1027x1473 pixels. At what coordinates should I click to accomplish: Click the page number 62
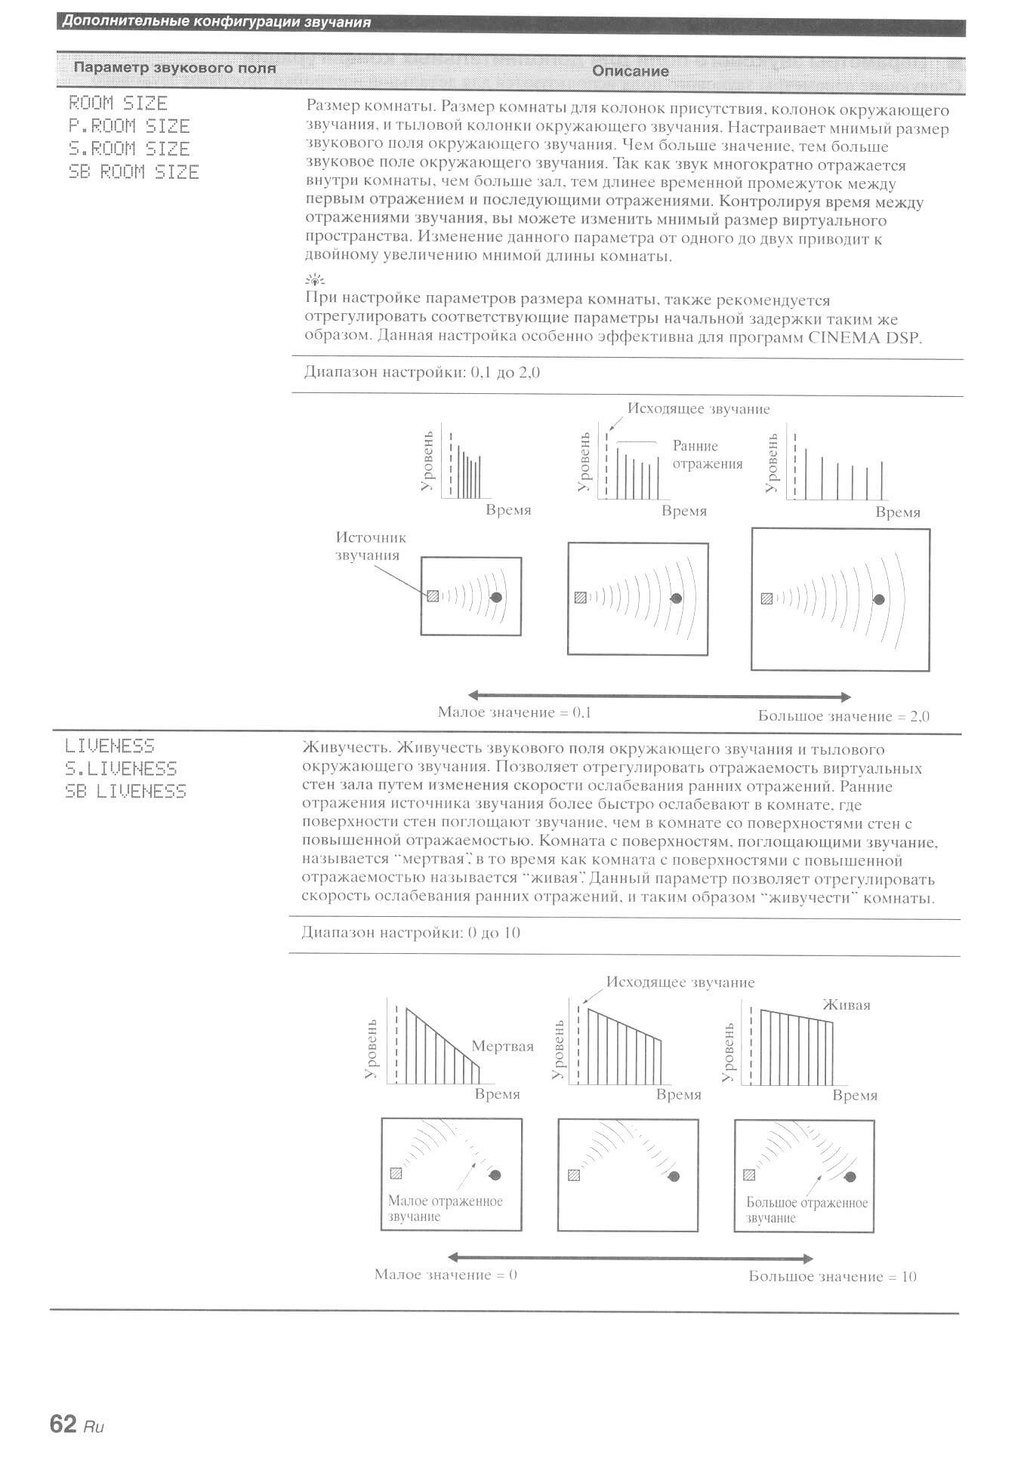[x=63, y=1424]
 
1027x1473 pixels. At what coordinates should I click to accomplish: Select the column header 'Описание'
[x=630, y=72]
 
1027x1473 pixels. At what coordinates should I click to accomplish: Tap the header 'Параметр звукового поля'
[x=174, y=69]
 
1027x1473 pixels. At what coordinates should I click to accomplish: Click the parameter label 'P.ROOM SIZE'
[x=129, y=126]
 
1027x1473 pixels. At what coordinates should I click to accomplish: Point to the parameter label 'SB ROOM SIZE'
[x=134, y=172]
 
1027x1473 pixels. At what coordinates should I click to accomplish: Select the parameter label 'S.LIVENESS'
[x=121, y=769]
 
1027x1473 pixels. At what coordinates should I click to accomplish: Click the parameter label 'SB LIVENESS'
[x=125, y=792]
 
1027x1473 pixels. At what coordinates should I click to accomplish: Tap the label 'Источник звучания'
[x=370, y=546]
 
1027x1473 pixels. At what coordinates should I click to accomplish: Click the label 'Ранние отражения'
[x=708, y=455]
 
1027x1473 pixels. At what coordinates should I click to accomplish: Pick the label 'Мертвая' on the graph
[x=502, y=1047]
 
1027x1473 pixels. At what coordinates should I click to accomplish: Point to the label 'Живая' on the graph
[x=846, y=1005]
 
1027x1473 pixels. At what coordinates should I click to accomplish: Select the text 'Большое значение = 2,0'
[x=843, y=717]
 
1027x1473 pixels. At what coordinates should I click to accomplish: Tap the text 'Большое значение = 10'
[x=832, y=1277]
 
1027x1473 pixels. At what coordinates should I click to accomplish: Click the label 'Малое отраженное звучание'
[x=445, y=1209]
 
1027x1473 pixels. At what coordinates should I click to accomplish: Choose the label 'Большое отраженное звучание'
[x=806, y=1210]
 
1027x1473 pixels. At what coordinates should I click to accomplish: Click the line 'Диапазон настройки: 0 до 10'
[x=411, y=933]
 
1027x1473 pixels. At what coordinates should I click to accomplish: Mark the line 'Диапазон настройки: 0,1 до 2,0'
[x=422, y=372]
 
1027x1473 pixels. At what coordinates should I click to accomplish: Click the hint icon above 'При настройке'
[x=314, y=281]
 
